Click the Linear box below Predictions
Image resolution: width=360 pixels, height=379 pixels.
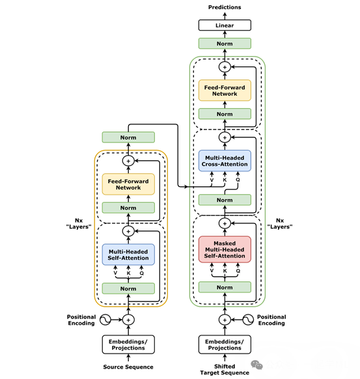(225, 25)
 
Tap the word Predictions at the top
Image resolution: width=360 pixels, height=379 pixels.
(225, 7)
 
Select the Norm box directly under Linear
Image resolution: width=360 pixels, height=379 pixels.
(225, 44)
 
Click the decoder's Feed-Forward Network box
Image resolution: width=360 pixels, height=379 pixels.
(225, 90)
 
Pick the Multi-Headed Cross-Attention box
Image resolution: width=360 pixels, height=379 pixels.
(225, 161)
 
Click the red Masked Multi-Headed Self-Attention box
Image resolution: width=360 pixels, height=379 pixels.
(225, 249)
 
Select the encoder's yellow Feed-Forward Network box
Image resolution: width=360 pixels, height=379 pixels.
(128, 184)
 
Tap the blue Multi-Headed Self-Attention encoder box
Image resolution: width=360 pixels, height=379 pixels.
(128, 254)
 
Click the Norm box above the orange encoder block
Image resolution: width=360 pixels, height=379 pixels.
(128, 137)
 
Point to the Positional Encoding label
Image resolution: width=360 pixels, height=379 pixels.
(81, 320)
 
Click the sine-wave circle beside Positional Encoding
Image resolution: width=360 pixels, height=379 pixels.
(107, 320)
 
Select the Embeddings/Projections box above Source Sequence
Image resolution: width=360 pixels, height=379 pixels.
(128, 344)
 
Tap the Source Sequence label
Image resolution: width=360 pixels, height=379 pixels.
(128, 367)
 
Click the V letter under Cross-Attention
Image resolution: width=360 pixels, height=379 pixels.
(212, 180)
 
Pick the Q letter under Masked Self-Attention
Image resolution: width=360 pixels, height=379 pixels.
(238, 270)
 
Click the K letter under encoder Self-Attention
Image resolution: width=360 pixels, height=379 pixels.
(128, 274)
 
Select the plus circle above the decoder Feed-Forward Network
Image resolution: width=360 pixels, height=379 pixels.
(225, 67)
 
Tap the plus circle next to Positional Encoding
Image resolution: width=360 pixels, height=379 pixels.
(128, 320)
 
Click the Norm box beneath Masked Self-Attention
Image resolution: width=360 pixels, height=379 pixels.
(225, 287)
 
